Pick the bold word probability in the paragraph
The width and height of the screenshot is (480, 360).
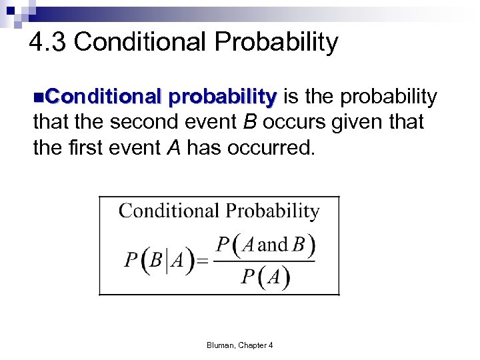[222, 97]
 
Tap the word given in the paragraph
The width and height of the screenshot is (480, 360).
[373, 123]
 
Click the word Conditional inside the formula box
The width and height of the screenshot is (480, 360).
[170, 211]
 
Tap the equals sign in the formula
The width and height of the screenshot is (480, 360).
[202, 261]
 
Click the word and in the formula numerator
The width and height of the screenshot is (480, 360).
[271, 245]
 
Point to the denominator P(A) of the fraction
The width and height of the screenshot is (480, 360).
[265, 277]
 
